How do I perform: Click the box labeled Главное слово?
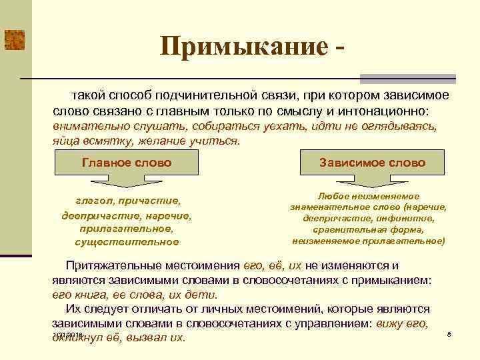[126, 163]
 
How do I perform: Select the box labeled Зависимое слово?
[372, 163]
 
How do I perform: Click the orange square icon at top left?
[14, 40]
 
